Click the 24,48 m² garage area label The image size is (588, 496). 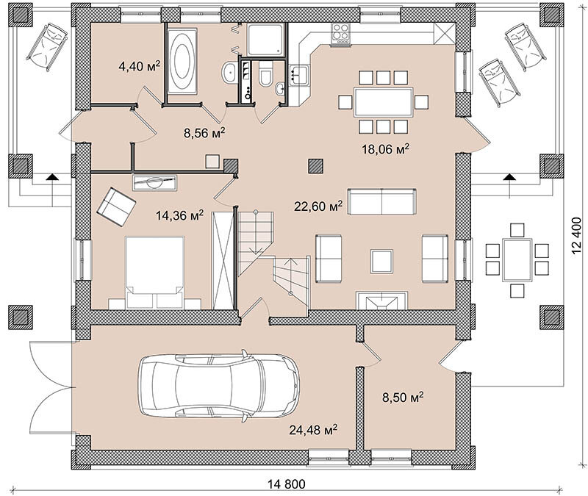313,429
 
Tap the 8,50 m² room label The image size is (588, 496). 403,397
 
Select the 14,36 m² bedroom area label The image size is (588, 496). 180,215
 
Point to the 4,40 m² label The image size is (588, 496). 139,66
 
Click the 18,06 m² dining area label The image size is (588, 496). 385,149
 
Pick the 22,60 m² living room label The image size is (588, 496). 318,206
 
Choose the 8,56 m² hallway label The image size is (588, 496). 204,133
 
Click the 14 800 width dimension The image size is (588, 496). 287,484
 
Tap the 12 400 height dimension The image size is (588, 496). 578,236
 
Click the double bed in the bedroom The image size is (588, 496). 155,273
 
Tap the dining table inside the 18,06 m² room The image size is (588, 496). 383,102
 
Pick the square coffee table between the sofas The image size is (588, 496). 381,262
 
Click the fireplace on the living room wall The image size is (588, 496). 381,301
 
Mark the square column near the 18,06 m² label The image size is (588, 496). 316,166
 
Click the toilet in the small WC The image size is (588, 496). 266,74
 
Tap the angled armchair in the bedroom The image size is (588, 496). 116,207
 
